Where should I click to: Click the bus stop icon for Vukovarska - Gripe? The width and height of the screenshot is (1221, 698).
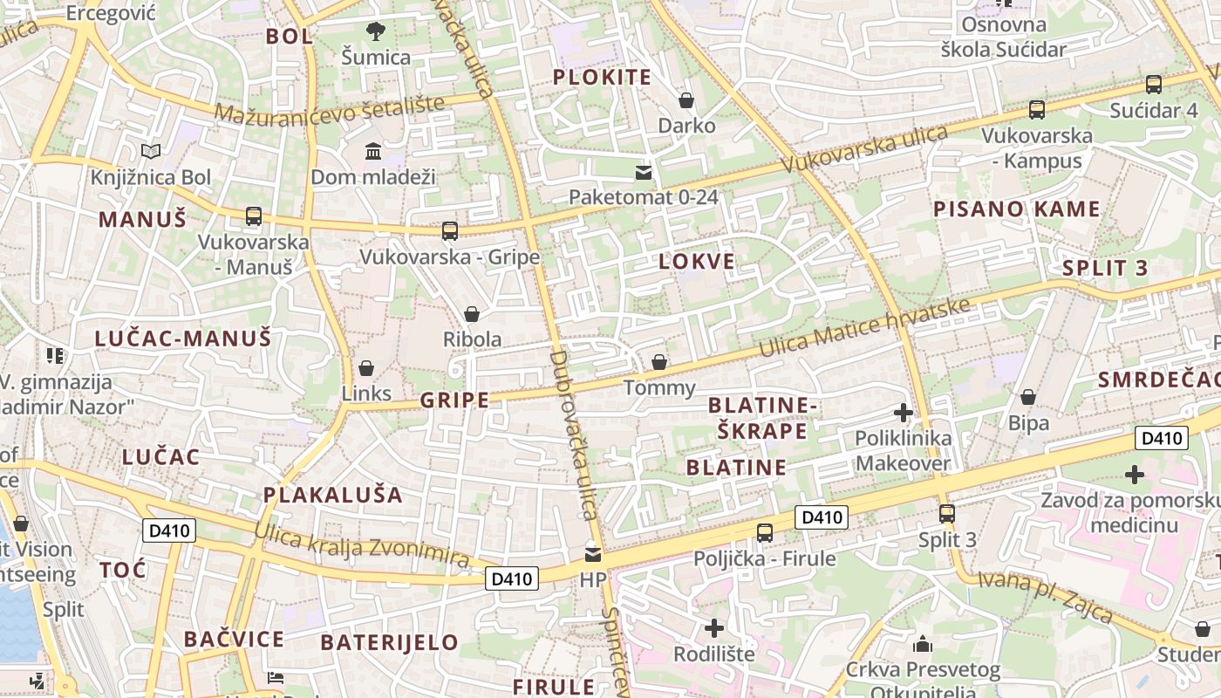point(450,231)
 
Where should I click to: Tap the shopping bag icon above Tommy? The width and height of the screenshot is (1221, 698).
point(659,362)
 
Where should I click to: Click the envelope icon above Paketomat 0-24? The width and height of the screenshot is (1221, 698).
point(644,172)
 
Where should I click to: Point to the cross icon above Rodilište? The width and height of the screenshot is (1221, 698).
point(714,628)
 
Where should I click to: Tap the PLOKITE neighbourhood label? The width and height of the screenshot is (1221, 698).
point(602,78)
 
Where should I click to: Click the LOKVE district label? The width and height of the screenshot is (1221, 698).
point(696,262)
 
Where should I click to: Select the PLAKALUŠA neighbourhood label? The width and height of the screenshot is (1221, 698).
point(333,496)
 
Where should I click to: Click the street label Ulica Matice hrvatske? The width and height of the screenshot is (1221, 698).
point(863,328)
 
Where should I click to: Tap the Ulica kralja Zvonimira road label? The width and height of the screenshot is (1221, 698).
point(361,545)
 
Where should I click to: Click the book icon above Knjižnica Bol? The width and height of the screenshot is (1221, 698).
point(151,152)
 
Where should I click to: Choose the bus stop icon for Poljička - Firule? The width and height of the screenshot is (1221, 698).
point(765,532)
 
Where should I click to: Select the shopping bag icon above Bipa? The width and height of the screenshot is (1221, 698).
point(1028,398)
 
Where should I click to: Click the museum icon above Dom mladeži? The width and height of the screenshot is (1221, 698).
point(373,152)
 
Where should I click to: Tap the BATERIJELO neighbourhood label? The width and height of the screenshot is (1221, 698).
point(389,643)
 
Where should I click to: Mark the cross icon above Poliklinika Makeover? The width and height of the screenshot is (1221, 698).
point(904,412)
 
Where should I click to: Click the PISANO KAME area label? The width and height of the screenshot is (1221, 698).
point(1016,209)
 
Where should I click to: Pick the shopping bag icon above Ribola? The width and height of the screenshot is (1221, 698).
point(472,314)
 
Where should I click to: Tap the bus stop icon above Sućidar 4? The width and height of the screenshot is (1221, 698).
point(1154,85)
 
